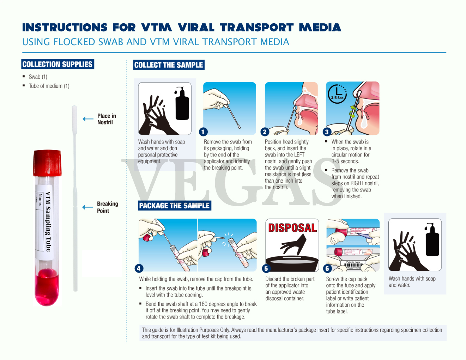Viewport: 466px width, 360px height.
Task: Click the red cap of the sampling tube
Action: [48, 163]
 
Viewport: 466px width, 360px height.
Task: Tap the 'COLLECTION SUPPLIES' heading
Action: [58, 64]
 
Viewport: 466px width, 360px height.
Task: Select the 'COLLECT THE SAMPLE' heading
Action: [169, 65]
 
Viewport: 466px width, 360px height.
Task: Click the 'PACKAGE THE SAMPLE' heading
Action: [174, 206]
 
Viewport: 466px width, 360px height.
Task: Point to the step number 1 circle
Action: [203, 132]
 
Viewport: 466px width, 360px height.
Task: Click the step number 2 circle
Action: [265, 132]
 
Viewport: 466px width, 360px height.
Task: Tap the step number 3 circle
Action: [327, 132]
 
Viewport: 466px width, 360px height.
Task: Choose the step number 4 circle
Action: [139, 268]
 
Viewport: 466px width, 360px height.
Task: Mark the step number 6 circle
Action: [327, 268]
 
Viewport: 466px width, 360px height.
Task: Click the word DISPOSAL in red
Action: [292, 228]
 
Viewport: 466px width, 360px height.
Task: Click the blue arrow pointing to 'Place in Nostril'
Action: [88, 119]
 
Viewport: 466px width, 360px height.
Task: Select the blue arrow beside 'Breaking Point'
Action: [87, 207]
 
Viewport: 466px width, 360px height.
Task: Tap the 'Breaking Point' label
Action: [107, 207]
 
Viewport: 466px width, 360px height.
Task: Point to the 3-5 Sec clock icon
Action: [337, 94]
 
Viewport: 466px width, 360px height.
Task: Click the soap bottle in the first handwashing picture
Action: [182, 104]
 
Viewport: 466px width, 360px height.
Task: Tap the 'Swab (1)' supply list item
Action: [38, 77]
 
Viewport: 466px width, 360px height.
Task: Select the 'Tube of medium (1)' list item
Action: [49, 86]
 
